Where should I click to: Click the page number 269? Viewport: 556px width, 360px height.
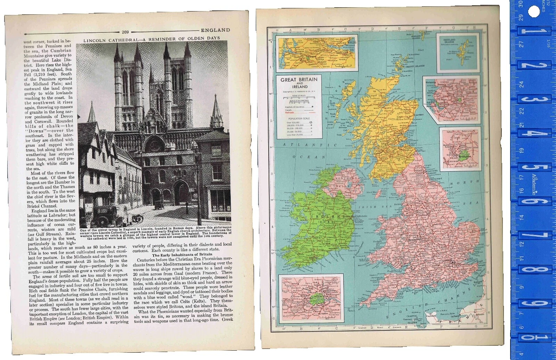click(125, 32)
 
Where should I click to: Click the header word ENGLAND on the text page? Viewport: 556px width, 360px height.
click(215, 30)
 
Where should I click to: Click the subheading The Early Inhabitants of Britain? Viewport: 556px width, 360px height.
click(182, 255)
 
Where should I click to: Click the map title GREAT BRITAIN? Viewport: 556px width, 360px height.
click(299, 80)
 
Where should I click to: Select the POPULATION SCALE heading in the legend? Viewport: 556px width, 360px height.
click(299, 118)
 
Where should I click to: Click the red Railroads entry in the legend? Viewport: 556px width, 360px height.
click(290, 113)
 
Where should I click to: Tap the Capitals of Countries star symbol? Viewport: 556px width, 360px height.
click(312, 107)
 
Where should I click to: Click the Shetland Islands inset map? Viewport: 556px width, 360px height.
click(458, 52)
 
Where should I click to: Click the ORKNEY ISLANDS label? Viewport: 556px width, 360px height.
click(415, 66)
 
